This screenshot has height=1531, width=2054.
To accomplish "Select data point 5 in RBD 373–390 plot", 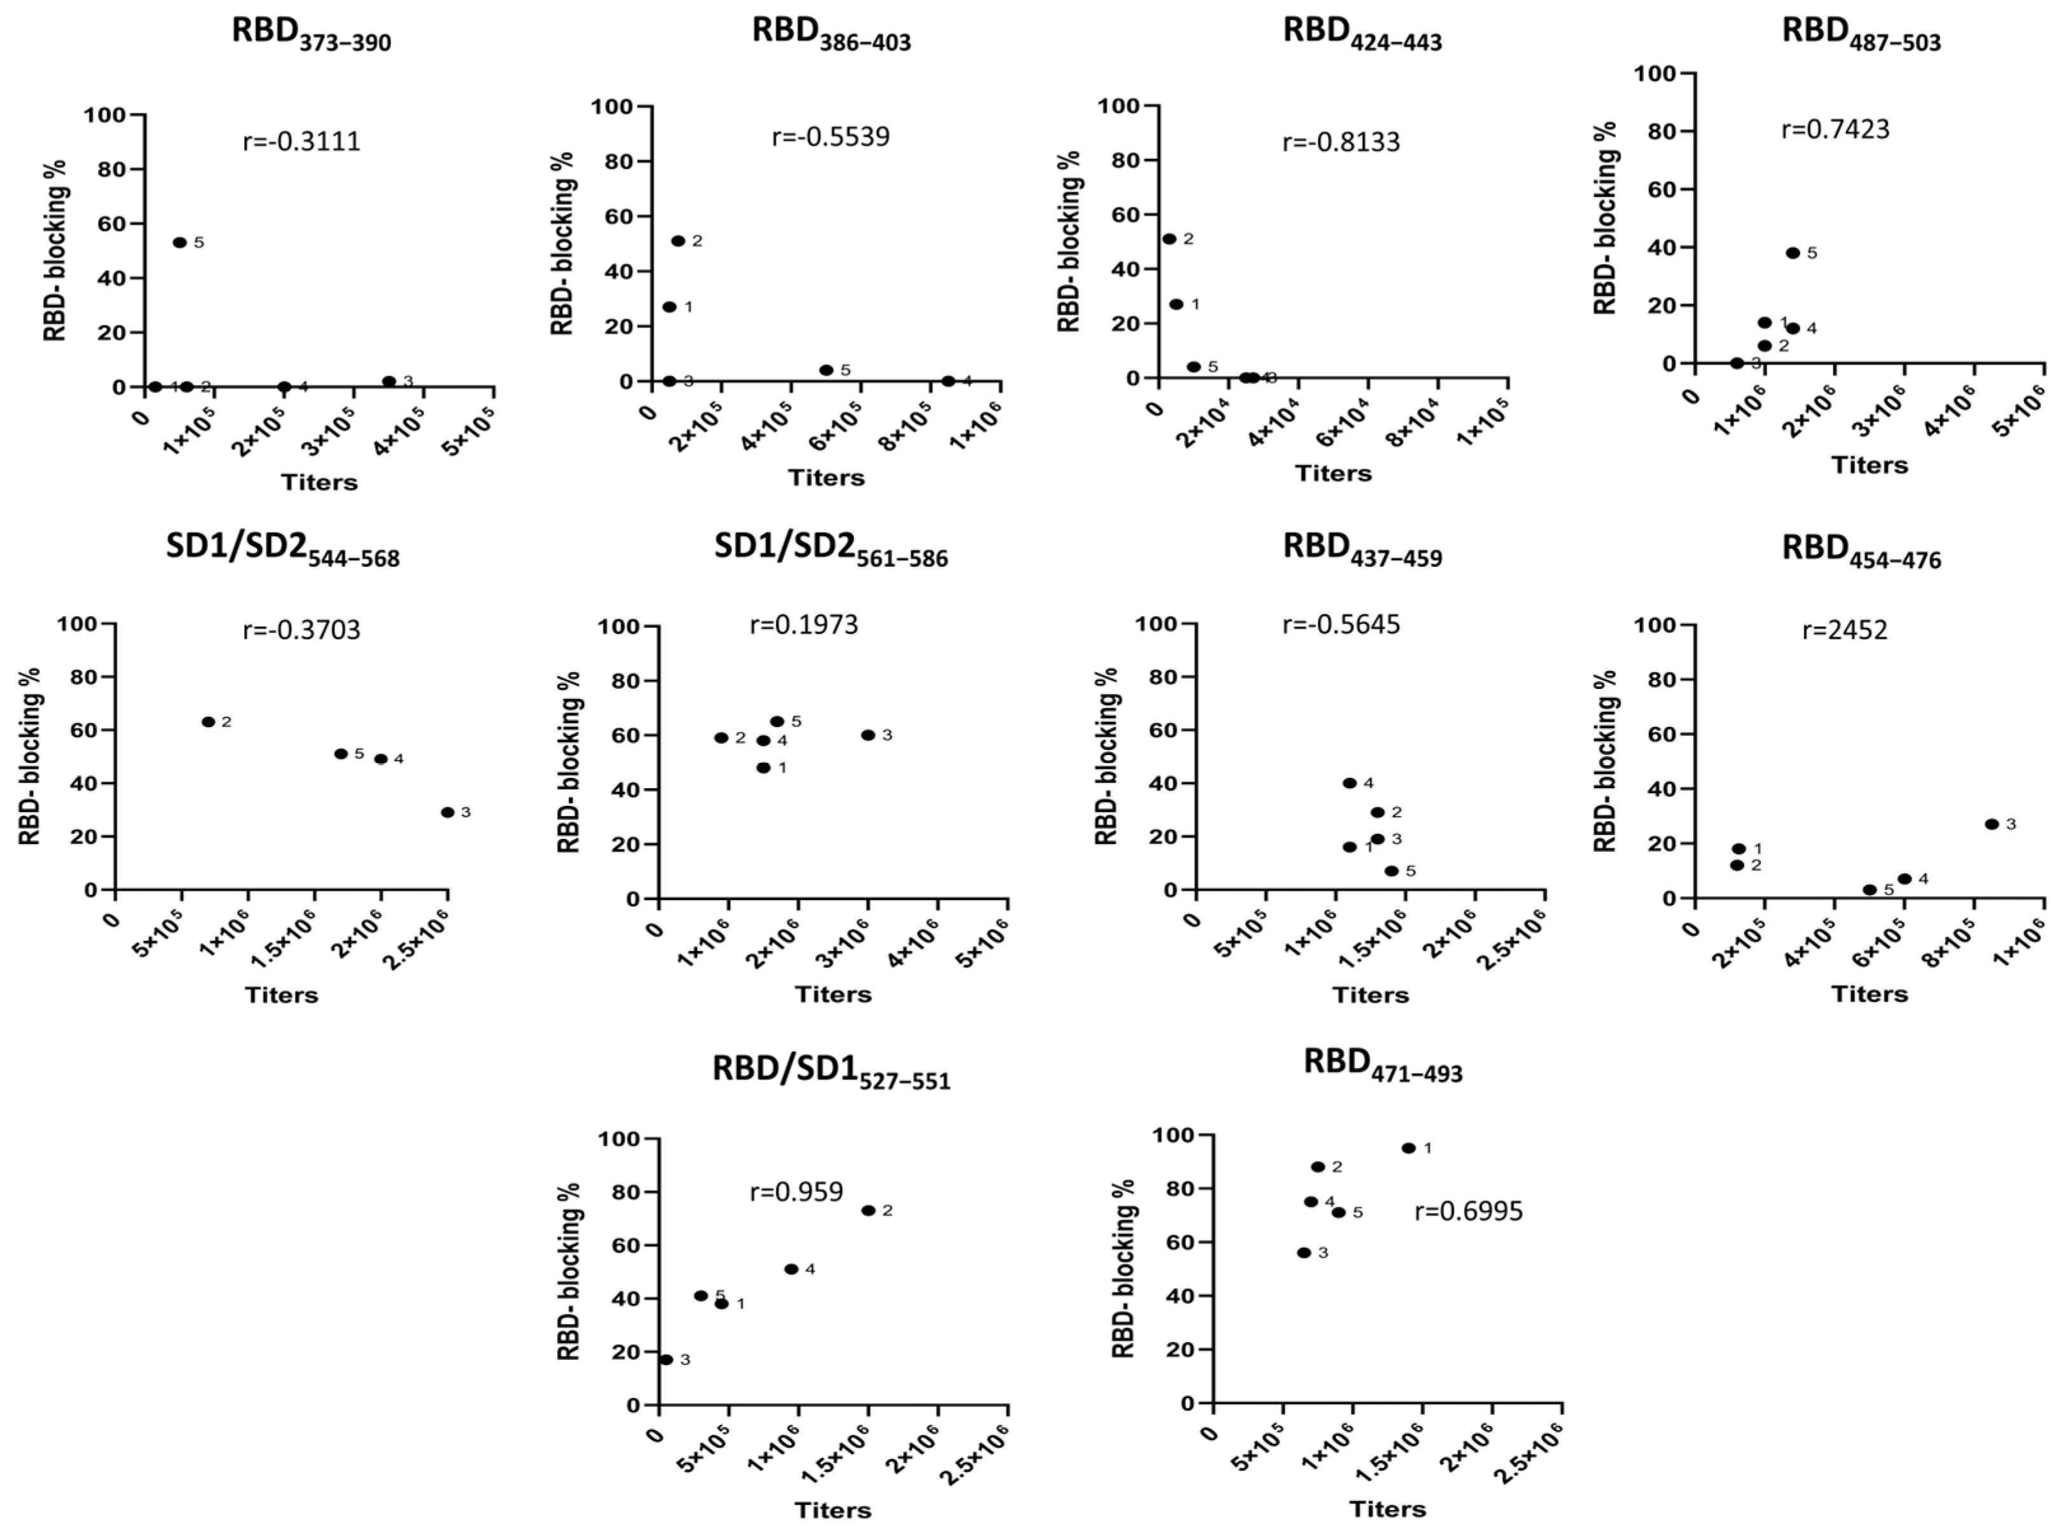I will pyautogui.click(x=180, y=243).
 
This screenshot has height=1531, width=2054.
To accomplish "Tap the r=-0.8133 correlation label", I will pyautogui.click(x=1341, y=142).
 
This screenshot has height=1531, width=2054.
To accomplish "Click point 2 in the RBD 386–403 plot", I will pyautogui.click(x=678, y=241).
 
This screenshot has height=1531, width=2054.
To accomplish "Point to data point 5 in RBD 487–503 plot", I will pyautogui.click(x=1793, y=253).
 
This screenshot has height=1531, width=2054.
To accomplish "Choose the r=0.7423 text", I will pyautogui.click(x=1835, y=129).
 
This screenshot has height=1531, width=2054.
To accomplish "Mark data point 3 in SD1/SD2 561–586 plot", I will pyautogui.click(x=868, y=735).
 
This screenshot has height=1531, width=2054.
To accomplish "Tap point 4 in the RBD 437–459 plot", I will pyautogui.click(x=1350, y=783).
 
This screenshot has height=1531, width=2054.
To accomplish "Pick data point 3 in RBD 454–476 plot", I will pyautogui.click(x=1992, y=824).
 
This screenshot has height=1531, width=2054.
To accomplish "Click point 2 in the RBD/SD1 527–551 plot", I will pyautogui.click(x=868, y=1210).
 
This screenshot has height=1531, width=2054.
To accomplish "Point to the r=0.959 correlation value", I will pyautogui.click(x=796, y=1192).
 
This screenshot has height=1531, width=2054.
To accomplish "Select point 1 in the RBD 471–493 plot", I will pyautogui.click(x=1409, y=1148).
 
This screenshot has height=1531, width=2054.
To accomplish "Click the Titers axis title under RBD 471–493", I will pyautogui.click(x=1387, y=1509).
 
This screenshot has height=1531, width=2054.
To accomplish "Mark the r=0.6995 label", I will pyautogui.click(x=1468, y=1211).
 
